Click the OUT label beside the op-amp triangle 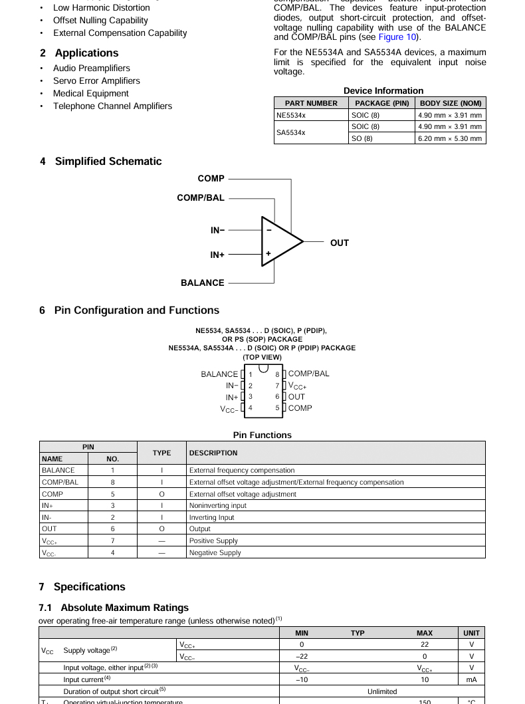(x=339, y=243)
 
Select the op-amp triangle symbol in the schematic (x=280, y=241)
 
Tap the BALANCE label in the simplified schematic (x=202, y=283)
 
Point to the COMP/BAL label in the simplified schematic (x=200, y=197)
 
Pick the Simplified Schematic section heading (x=100, y=161)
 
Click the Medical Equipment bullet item (x=90, y=93)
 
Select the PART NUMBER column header (x=311, y=103)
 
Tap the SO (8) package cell (x=362, y=138)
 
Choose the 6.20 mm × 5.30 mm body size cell (x=450, y=138)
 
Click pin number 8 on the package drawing (x=277, y=374)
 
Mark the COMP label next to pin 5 (x=300, y=408)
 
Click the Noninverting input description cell (x=217, y=505)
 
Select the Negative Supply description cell (x=215, y=552)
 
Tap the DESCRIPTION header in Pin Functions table (x=213, y=453)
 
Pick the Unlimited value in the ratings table (x=382, y=691)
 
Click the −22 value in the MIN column (x=301, y=656)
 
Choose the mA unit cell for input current (x=471, y=679)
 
